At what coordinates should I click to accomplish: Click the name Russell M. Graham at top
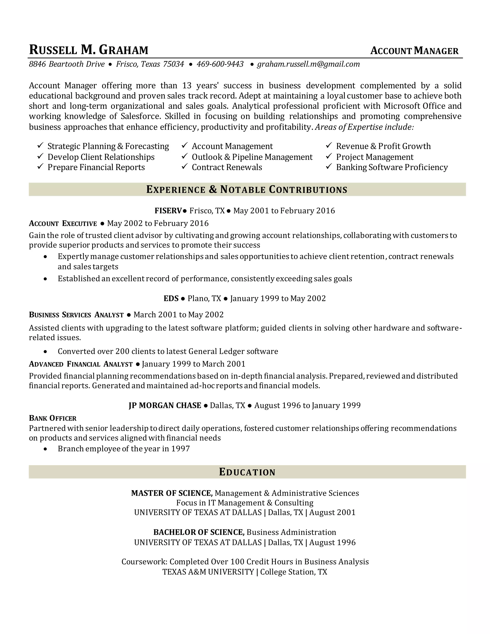(89, 50)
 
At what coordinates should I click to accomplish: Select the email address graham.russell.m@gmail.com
(308, 64)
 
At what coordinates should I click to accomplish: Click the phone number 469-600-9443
(220, 64)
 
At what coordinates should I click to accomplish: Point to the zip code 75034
(173, 64)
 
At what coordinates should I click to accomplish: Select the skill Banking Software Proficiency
(392, 167)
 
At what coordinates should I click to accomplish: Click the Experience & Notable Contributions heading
(247, 189)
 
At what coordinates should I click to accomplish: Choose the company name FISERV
(168, 211)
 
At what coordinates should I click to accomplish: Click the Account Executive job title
(63, 223)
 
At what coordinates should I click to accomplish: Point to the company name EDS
(171, 298)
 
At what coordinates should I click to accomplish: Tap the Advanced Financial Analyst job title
(81, 364)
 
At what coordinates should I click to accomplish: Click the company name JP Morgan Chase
(165, 405)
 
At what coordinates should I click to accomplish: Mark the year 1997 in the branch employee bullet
(180, 449)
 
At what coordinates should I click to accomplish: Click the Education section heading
(247, 472)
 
